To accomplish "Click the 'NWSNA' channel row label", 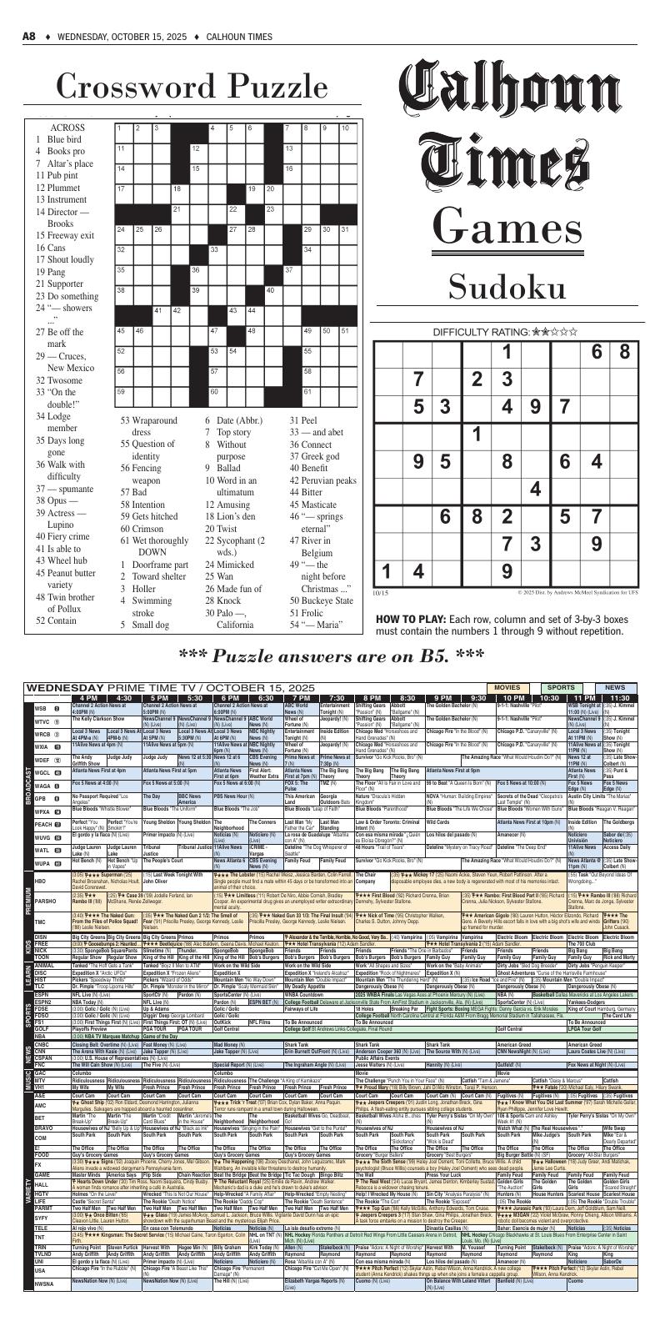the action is click(43, 1305).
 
